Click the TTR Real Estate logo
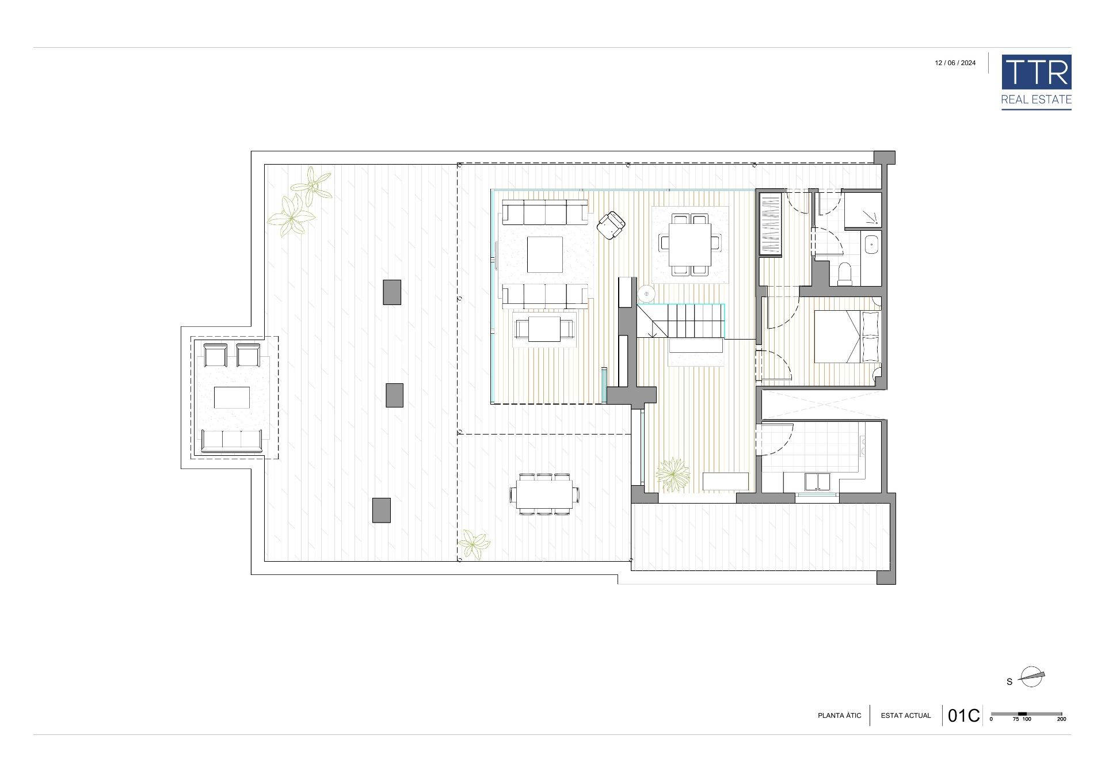1036,82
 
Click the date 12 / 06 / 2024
955,63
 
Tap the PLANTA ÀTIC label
840,715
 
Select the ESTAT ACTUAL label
906,715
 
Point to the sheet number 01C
963,715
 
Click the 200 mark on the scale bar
1062,719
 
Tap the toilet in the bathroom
845,273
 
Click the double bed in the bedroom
847,337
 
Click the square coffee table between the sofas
545,254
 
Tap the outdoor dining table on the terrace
544,494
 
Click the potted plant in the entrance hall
673,475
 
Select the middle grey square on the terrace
394,395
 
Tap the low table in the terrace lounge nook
232,398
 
